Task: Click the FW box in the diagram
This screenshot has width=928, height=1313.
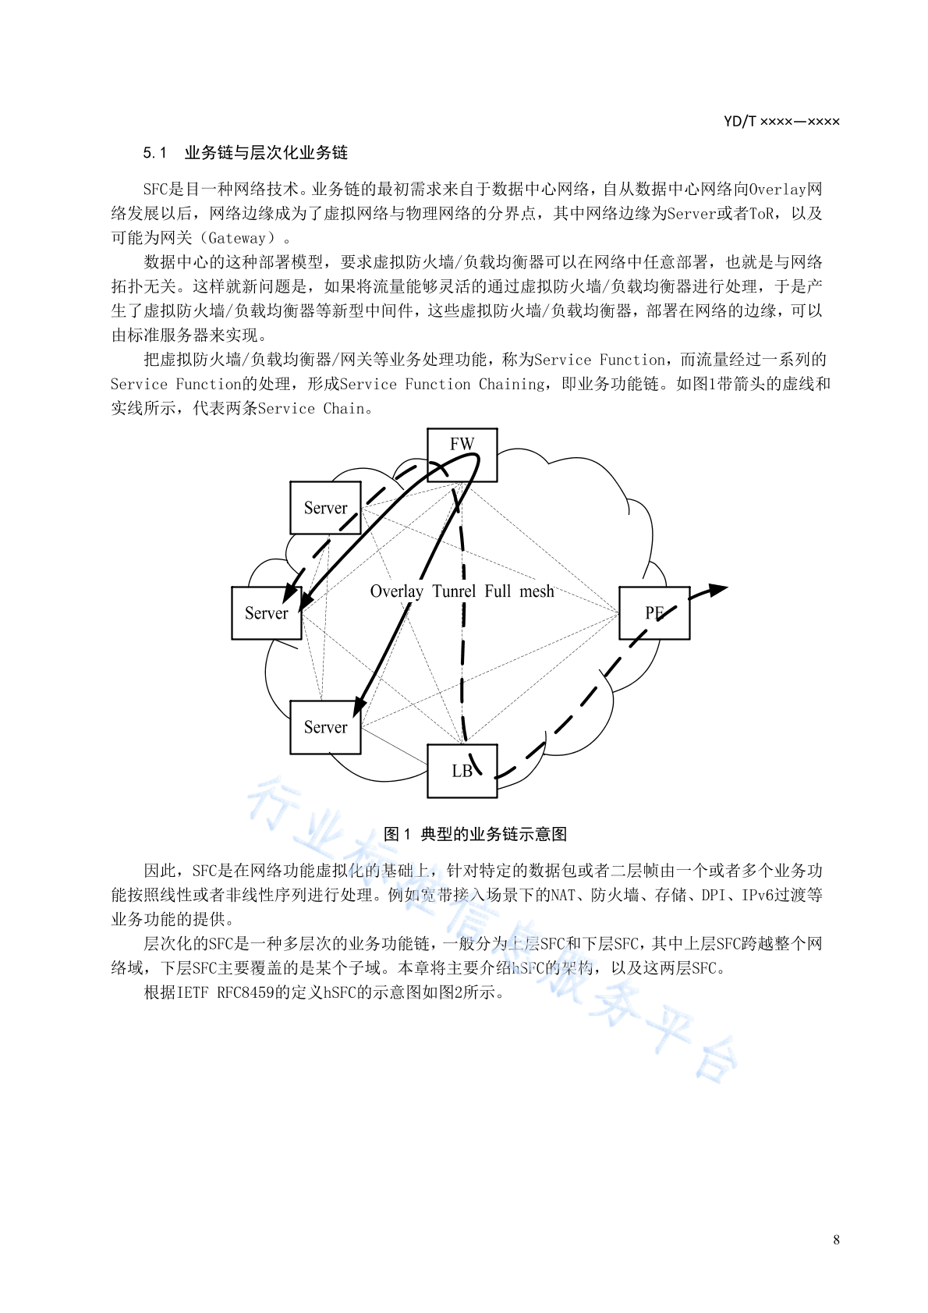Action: click(462, 455)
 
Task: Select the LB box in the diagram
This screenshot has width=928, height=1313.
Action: click(462, 771)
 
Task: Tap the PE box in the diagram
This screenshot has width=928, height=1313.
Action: click(654, 612)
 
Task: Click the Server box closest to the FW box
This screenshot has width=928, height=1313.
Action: click(325, 508)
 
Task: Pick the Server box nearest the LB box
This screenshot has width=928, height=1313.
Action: click(325, 727)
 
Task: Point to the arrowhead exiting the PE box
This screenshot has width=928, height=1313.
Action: click(717, 589)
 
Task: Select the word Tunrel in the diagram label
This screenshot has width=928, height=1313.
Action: click(454, 591)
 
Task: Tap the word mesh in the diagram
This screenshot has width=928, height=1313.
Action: click(537, 591)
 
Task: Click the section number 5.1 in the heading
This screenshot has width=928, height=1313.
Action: click(154, 153)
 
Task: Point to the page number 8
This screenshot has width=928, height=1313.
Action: click(836, 1239)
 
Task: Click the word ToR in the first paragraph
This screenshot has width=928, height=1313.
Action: click(762, 213)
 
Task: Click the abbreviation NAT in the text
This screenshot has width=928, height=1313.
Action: click(563, 895)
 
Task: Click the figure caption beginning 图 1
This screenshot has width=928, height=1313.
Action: click(475, 834)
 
